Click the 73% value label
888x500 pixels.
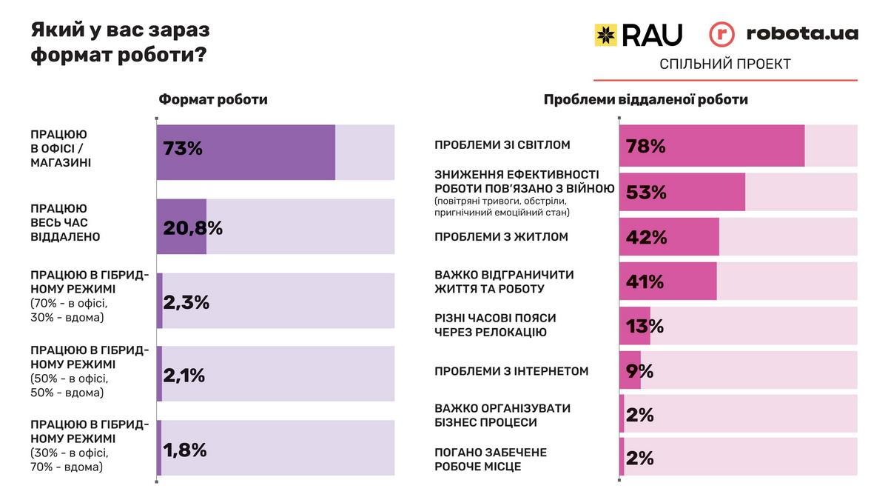(183, 148)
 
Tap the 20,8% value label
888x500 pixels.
(192, 228)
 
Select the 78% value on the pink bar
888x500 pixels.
(646, 147)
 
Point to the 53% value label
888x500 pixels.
(646, 193)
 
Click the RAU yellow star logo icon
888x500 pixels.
(606, 35)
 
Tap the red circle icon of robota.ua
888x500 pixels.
(722, 35)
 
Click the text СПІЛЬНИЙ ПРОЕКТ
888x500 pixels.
(724, 64)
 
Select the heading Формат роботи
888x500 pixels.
(213, 99)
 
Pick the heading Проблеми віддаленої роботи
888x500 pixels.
(646, 99)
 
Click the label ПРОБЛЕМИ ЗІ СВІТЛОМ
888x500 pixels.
(502, 145)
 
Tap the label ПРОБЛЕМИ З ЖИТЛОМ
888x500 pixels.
(501, 237)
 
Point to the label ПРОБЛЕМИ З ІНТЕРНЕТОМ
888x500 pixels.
(511, 371)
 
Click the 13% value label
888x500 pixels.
(645, 326)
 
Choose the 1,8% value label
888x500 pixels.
(184, 450)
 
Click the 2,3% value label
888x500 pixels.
(186, 301)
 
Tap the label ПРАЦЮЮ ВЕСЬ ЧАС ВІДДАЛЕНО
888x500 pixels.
(65, 223)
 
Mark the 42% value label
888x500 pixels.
(646, 237)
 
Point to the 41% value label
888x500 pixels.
(645, 281)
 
